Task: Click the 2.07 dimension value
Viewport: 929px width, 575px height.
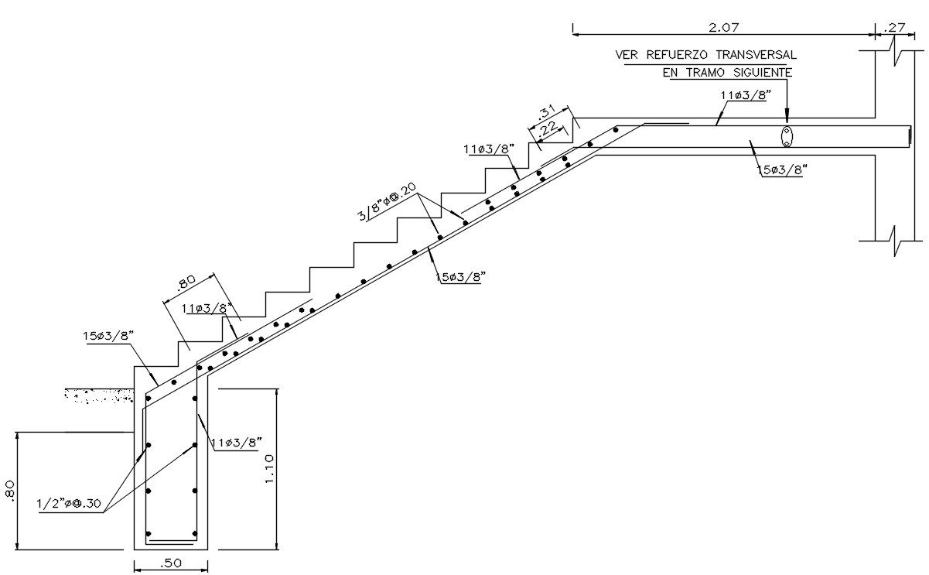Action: tap(724, 27)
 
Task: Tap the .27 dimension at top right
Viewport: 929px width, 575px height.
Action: tap(894, 27)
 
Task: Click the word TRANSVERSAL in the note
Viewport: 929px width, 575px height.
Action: tap(756, 55)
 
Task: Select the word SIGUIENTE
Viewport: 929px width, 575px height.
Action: tap(763, 73)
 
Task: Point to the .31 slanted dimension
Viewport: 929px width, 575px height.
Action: tap(546, 112)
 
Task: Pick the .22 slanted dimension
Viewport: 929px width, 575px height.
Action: tap(548, 128)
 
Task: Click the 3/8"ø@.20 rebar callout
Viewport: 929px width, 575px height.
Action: tap(387, 202)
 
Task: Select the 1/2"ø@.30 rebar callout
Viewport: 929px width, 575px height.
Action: tap(69, 504)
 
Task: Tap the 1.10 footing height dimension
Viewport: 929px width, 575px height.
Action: tap(268, 469)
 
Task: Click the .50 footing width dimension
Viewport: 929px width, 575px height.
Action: tap(171, 563)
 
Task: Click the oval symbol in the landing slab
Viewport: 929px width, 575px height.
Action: tap(787, 136)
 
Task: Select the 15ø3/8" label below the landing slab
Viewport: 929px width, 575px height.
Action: tap(783, 169)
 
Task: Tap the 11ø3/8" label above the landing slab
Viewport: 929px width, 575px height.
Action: tap(746, 95)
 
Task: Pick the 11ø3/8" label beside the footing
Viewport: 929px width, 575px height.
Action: tap(237, 442)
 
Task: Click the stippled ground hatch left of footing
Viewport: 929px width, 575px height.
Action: tap(99, 395)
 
